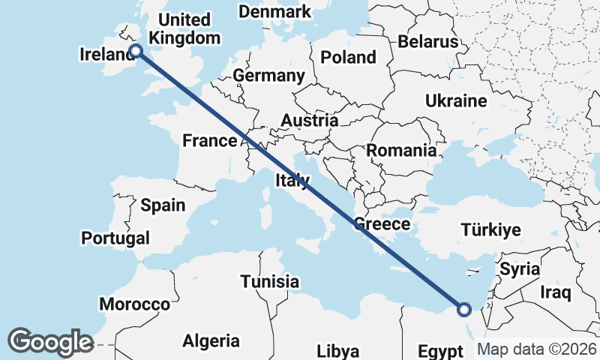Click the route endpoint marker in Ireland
[x=136, y=51]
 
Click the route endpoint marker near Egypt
[x=464, y=308]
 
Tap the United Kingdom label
[x=184, y=28]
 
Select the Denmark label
[x=274, y=11]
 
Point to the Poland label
[x=348, y=57]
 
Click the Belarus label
[x=427, y=41]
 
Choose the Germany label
[x=268, y=76]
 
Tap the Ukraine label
[x=456, y=100]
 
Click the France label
[x=210, y=140]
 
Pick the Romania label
[x=401, y=150]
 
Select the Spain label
[x=163, y=205]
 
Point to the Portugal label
[x=115, y=238]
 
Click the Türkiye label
[x=491, y=230]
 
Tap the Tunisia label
[x=270, y=282]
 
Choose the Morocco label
[x=135, y=304]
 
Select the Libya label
[x=337, y=350]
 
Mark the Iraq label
[x=556, y=291]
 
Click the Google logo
[x=50, y=342]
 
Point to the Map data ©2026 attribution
[x=536, y=349]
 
